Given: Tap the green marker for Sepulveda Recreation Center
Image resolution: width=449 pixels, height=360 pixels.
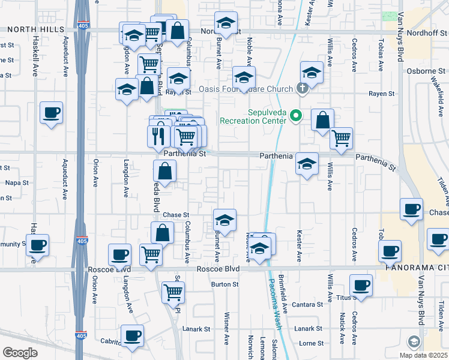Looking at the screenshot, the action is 295,115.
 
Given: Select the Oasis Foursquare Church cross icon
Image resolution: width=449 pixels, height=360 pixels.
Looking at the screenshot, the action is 302,89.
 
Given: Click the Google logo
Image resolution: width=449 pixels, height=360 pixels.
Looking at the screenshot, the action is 20,353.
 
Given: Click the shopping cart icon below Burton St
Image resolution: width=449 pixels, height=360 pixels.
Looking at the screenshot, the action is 173,292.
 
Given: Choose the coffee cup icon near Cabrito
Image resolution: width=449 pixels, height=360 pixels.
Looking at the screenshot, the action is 132,335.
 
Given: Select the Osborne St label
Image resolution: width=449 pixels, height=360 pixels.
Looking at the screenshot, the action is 428,71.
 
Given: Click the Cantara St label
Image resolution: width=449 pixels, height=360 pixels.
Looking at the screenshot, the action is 307,305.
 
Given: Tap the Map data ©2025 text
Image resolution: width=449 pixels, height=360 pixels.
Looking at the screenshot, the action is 423,355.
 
